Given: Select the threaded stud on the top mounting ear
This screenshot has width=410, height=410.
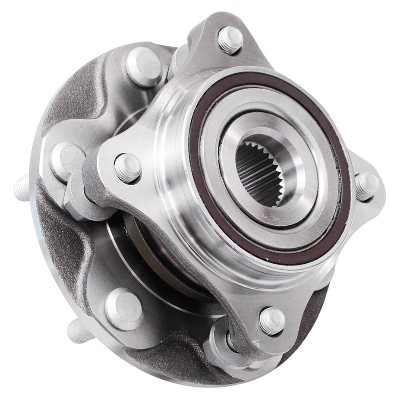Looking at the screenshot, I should coord(230,40).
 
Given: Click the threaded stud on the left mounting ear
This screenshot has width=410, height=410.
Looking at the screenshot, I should coord(127,167).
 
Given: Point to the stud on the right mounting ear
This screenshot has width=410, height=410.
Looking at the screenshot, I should coord(367,186).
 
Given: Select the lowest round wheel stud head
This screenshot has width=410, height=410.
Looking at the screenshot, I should coord(123,309).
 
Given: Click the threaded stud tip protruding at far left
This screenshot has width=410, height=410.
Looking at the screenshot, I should coord(22,188).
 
